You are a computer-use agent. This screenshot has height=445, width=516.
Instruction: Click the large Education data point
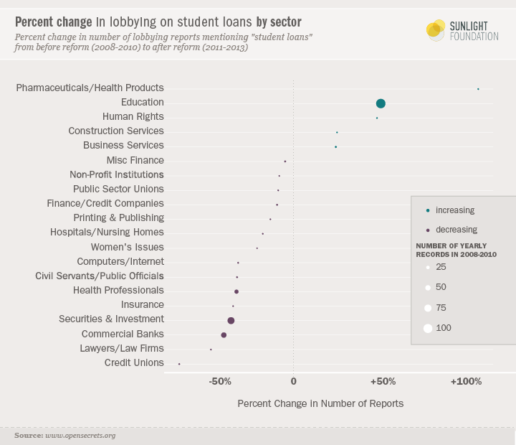click(381, 103)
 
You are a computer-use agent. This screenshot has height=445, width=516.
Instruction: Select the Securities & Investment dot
click(231, 320)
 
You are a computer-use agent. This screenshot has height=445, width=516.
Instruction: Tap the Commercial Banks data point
click(224, 335)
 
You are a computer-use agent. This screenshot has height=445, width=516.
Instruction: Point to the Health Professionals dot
click(236, 291)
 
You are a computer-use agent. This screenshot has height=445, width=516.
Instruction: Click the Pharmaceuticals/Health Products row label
click(90, 88)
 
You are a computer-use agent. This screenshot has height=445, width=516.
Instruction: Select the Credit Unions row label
click(134, 362)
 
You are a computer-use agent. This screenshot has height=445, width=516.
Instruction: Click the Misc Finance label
click(135, 160)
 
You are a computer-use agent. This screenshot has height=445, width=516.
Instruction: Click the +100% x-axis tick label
click(467, 381)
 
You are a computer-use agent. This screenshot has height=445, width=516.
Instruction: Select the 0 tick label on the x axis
click(294, 381)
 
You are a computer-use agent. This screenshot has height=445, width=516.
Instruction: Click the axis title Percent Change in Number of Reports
click(320, 403)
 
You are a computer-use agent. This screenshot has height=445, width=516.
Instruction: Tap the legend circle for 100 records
click(428, 328)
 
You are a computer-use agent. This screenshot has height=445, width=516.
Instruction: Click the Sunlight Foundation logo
click(462, 30)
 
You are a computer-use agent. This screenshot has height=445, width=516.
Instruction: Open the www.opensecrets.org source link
click(80, 436)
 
